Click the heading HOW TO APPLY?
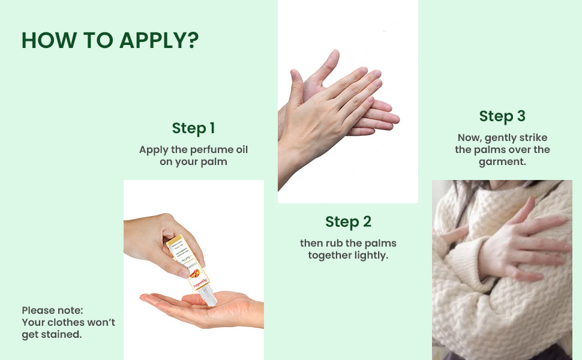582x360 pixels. point(110,40)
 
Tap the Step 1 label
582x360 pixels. point(193,128)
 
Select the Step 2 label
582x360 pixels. point(348,222)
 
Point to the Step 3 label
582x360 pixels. point(502,116)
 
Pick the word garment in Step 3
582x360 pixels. point(502,162)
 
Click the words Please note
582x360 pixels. point(52,310)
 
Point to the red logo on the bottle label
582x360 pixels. point(194,274)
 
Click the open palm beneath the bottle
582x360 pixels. point(202,308)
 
